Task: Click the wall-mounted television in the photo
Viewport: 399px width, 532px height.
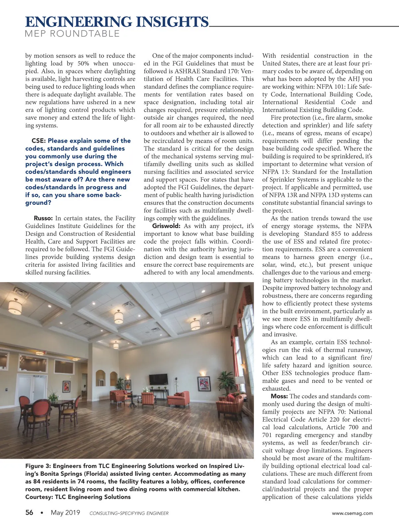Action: [159, 379]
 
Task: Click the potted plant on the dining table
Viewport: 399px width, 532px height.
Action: [53, 397]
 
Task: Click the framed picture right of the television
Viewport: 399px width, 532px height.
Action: [204, 383]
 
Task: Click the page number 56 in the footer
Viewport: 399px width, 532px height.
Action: [29, 513]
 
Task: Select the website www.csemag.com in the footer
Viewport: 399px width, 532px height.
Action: [352, 513]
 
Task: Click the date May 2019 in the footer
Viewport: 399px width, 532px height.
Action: [66, 513]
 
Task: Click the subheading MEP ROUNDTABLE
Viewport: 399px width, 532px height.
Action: [72, 34]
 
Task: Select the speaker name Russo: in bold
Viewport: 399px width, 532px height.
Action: [43, 218]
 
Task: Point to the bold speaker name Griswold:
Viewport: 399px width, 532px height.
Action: [166, 226]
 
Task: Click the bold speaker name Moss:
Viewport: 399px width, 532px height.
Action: [279, 396]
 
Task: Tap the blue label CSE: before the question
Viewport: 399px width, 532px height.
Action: [39, 141]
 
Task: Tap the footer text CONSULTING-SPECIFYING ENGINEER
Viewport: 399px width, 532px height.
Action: [129, 513]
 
